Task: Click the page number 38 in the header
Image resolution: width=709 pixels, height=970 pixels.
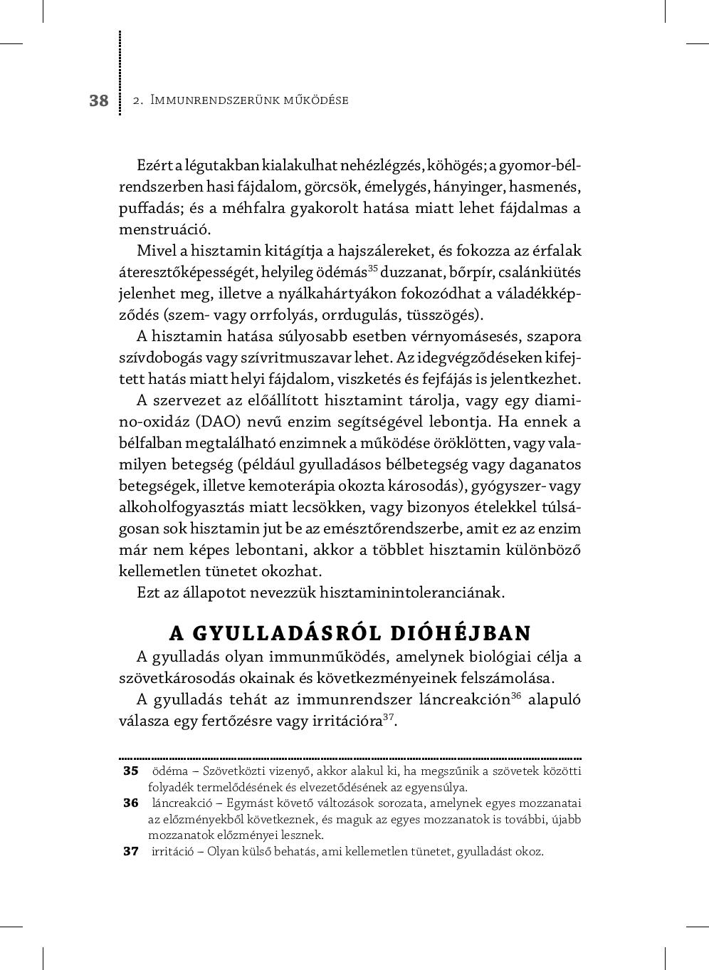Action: (99, 100)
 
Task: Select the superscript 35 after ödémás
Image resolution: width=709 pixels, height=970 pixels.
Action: (374, 268)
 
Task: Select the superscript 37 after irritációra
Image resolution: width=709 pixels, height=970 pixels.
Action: (389, 717)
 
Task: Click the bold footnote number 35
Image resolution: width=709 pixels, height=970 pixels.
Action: (131, 771)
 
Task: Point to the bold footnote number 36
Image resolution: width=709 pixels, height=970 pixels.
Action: (131, 803)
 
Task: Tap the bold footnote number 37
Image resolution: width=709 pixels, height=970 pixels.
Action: (131, 851)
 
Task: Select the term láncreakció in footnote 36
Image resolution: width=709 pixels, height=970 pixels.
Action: (180, 803)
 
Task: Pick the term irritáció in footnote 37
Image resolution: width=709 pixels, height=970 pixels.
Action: (174, 852)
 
